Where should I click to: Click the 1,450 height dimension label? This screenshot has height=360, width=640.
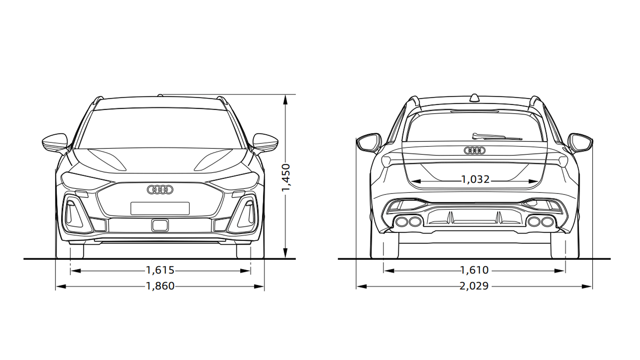point(286,178)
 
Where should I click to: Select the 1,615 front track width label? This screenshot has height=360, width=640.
point(160,270)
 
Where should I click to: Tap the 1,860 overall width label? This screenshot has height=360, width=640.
point(160,286)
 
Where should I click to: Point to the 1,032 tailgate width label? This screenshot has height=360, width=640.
point(475,180)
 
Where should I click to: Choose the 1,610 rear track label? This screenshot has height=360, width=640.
point(475,270)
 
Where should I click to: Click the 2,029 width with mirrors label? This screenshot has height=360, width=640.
point(474,286)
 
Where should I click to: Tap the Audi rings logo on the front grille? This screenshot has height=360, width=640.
point(160,190)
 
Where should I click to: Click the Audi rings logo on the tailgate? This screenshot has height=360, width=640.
point(474,151)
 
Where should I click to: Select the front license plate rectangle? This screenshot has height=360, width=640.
point(160,208)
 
